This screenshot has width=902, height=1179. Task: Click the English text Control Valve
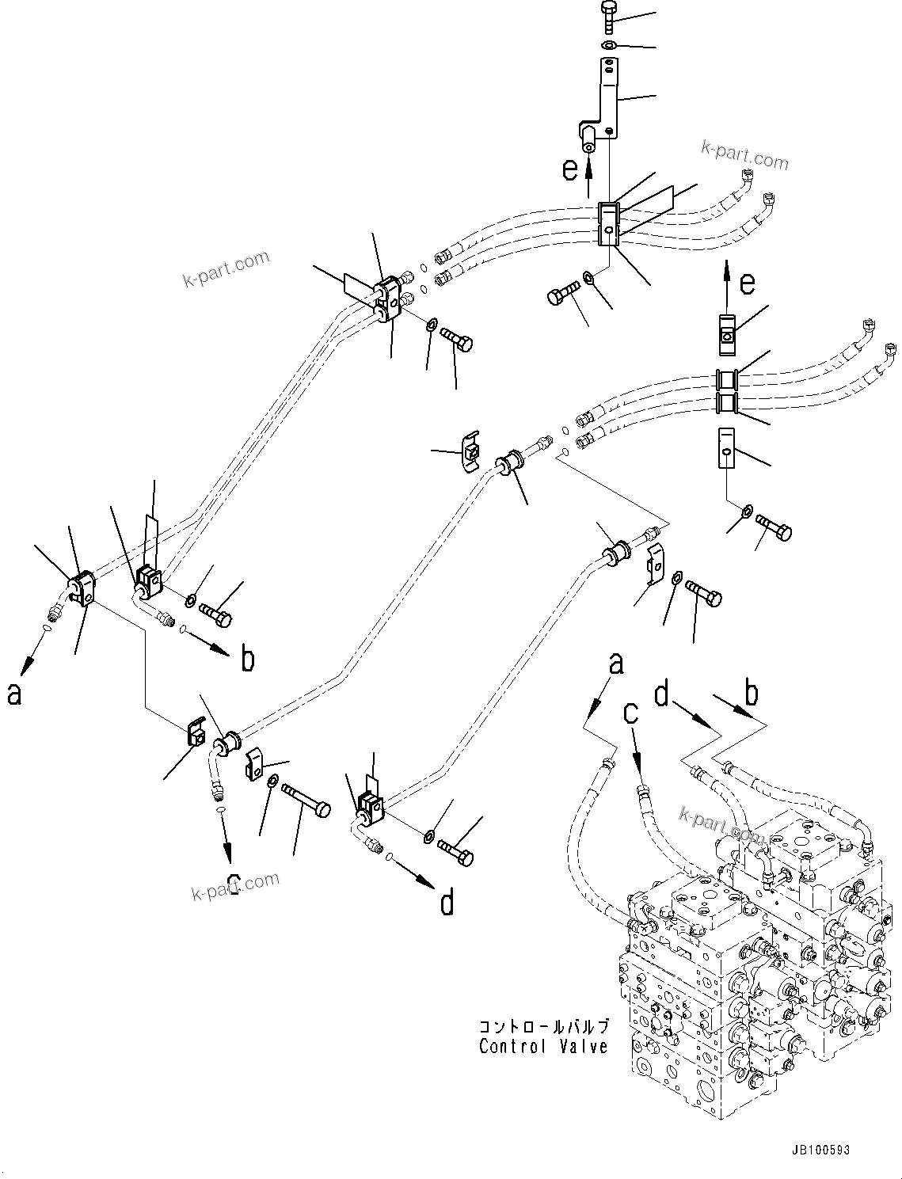tap(543, 1046)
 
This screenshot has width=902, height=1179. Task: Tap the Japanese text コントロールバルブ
tap(544, 1027)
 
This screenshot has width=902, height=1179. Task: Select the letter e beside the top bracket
tap(570, 169)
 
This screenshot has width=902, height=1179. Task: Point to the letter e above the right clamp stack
tap(747, 283)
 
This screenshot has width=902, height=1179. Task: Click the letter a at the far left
tap(14, 694)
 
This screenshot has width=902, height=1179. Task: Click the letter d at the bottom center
tap(447, 903)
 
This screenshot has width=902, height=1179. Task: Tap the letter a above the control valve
tap(616, 663)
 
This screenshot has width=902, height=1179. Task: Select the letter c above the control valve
tap(630, 713)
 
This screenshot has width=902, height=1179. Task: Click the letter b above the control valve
tap(751, 693)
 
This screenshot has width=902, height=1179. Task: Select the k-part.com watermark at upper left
tap(226, 268)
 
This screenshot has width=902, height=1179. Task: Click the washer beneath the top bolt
tap(607, 45)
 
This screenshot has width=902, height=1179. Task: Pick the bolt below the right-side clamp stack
tap(773, 526)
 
